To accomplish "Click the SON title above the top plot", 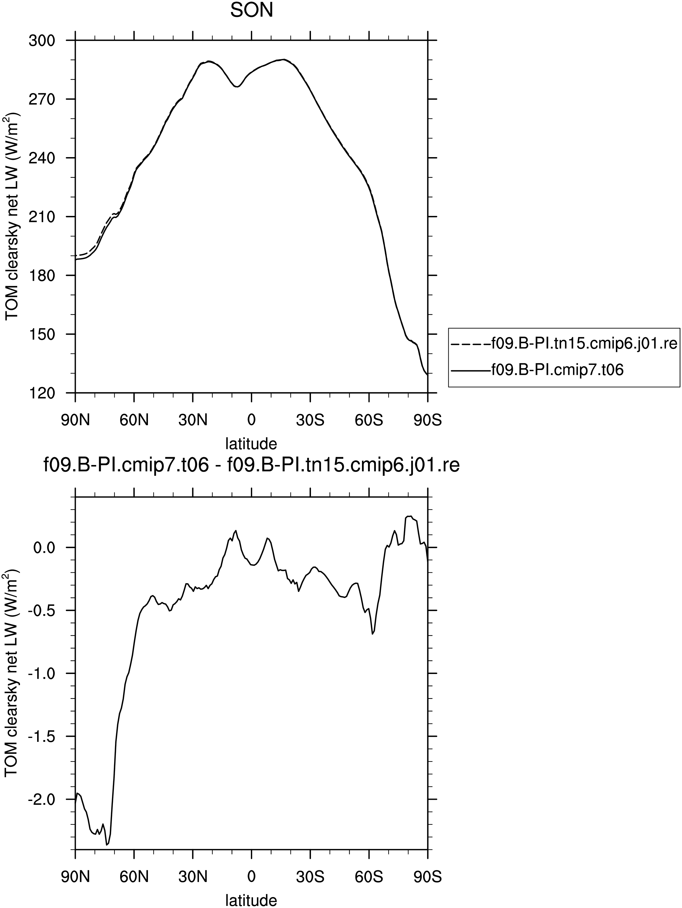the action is tap(251, 11).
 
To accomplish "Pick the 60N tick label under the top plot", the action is tap(134, 420).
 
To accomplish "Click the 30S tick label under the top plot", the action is tap(310, 420).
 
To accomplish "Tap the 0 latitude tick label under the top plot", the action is tap(251, 420).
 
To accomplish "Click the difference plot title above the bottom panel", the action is tap(251, 466).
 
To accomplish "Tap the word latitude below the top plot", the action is tap(251, 443).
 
